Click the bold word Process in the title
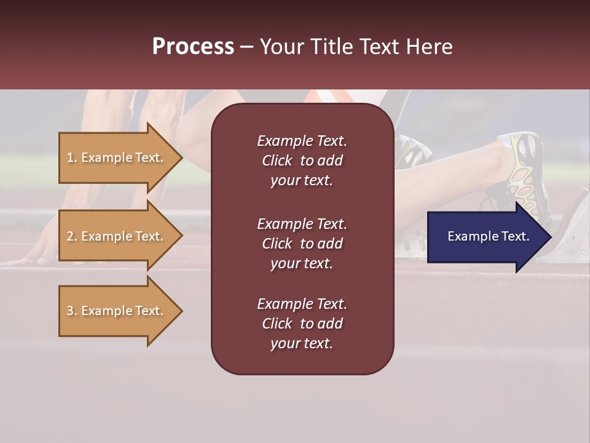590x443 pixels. (x=193, y=47)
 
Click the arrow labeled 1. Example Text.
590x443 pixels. (x=117, y=158)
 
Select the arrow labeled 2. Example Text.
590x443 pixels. (x=117, y=236)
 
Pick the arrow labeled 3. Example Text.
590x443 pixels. (x=117, y=311)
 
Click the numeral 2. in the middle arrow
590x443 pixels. (x=72, y=236)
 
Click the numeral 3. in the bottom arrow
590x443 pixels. (x=72, y=311)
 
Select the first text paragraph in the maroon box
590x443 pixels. (x=302, y=161)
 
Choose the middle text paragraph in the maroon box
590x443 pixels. (x=302, y=244)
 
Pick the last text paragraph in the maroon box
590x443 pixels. (x=302, y=324)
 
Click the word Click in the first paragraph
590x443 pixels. (x=277, y=161)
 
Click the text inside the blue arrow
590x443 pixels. (x=488, y=236)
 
